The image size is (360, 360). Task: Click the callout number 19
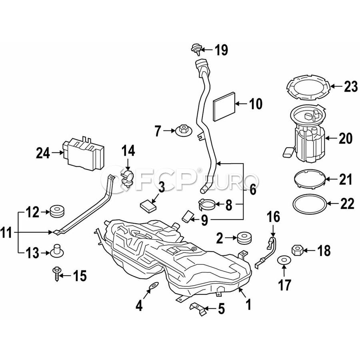[x=221, y=50]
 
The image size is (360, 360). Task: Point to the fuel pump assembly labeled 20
[x=308, y=138]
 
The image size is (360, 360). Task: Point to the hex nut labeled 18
[x=298, y=251]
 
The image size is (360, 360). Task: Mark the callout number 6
[x=253, y=190]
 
